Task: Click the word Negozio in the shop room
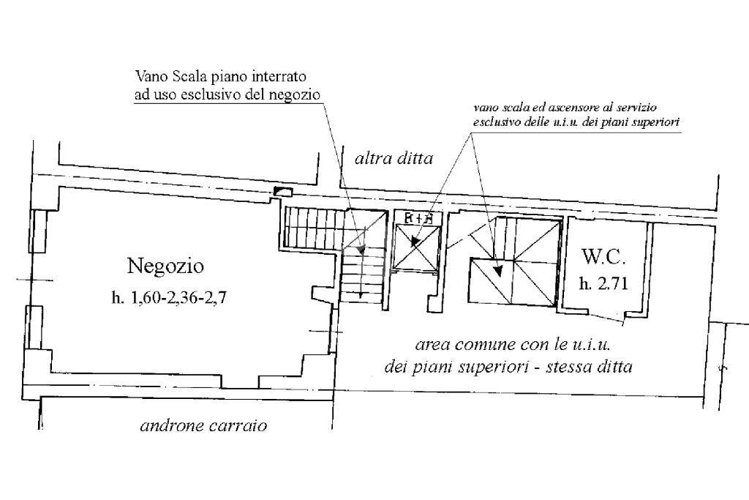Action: point(165,266)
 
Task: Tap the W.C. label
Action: point(603,257)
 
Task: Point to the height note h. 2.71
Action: point(603,284)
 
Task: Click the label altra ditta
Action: point(394,158)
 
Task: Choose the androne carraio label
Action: point(203,426)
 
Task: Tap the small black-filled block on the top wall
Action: point(282,192)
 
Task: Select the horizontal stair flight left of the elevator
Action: point(313,228)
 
